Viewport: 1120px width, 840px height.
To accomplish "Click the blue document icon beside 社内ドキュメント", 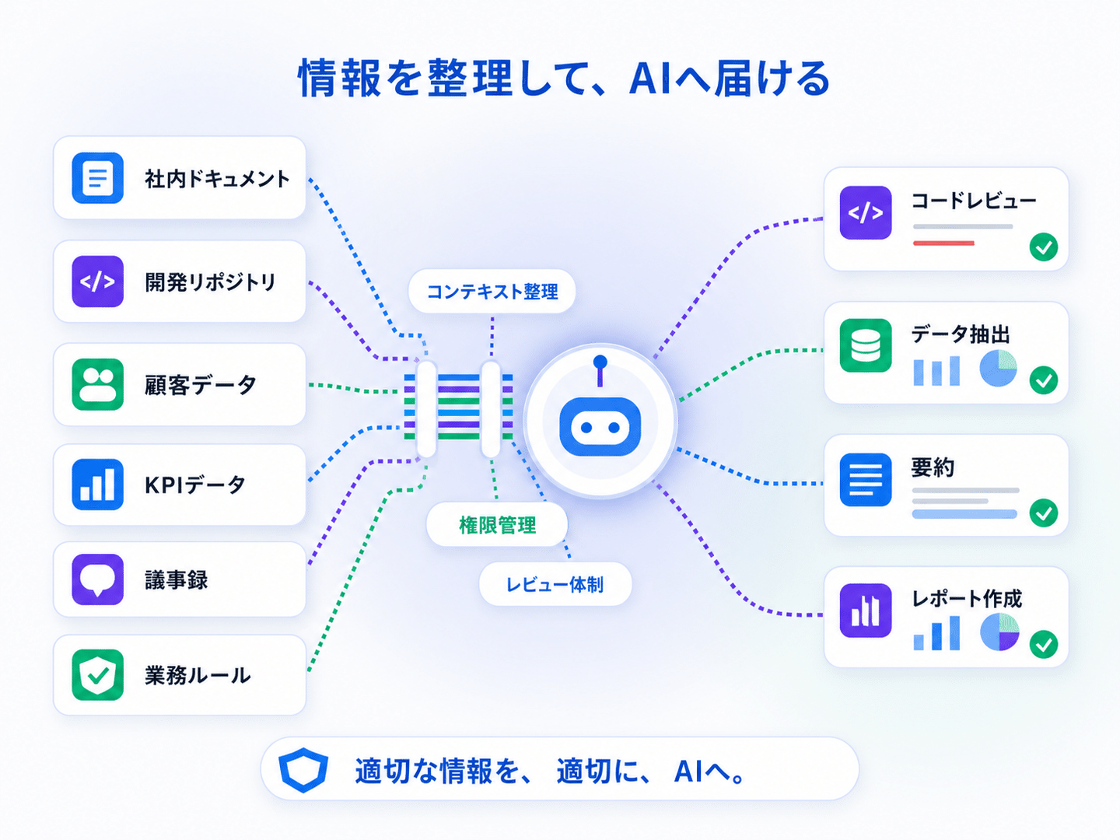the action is click(x=97, y=178).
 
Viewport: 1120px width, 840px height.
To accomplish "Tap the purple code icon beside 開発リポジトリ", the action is click(x=97, y=282).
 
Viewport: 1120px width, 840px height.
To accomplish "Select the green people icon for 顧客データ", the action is click(x=97, y=384).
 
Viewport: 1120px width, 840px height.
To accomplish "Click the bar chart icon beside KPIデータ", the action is click(x=97, y=484).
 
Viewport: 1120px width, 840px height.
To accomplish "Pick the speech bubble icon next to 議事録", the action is click(x=97, y=579).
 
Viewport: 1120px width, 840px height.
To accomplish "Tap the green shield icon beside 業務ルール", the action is click(x=97, y=675).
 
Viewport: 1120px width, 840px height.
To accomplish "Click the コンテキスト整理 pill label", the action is click(x=492, y=291).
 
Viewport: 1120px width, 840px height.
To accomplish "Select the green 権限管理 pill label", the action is click(x=497, y=525).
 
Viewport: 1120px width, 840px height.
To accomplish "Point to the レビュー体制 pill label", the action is click(x=555, y=584).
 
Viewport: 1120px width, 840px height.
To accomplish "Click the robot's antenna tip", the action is click(x=600, y=362).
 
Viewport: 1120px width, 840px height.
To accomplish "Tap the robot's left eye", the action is click(x=586, y=428).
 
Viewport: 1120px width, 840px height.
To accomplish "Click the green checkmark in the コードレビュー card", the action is click(x=1044, y=247).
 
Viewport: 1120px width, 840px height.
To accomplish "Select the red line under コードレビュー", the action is click(x=943, y=243).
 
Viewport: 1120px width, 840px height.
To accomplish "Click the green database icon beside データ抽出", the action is click(x=866, y=345).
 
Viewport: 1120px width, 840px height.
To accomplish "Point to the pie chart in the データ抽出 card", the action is click(x=998, y=368).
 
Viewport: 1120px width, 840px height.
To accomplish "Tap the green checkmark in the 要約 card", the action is click(x=1044, y=513).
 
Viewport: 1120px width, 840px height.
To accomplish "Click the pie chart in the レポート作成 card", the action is click(x=999, y=632).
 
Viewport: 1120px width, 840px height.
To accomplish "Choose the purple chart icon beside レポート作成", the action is click(x=866, y=611).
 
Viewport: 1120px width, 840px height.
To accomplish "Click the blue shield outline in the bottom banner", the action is click(x=303, y=770).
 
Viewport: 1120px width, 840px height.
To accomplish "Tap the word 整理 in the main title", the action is click(x=470, y=78).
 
